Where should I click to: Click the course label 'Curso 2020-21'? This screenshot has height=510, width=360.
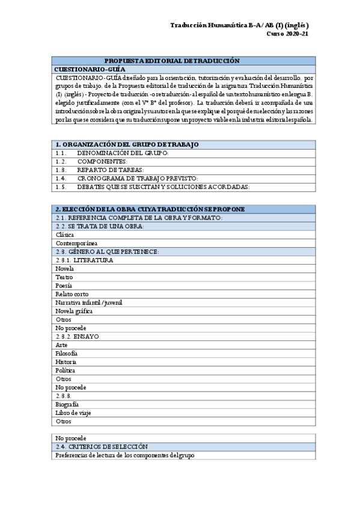(287, 34)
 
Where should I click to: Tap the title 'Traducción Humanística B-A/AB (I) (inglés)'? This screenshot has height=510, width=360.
(239, 25)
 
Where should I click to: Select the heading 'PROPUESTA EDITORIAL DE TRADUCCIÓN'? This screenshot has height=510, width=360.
(172, 61)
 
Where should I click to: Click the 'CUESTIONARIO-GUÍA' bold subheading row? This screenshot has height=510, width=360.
(90, 69)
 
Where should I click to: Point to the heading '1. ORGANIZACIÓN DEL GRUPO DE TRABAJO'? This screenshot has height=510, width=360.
(127, 145)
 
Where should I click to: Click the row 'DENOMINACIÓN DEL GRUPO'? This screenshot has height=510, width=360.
(123, 153)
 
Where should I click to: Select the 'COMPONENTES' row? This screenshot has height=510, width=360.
(102, 162)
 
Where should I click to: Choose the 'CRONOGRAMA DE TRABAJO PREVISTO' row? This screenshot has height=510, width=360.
(138, 179)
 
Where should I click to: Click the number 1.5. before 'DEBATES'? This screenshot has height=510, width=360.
(60, 187)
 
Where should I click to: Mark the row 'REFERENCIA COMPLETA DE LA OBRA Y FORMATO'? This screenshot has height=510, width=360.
(139, 217)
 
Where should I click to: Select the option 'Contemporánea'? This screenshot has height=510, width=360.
(76, 243)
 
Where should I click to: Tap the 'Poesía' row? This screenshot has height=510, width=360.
(64, 285)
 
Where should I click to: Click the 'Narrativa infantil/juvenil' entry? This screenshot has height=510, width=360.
(88, 303)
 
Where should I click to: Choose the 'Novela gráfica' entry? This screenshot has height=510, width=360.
(74, 311)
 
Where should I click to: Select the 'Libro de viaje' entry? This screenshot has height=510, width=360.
(74, 413)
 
